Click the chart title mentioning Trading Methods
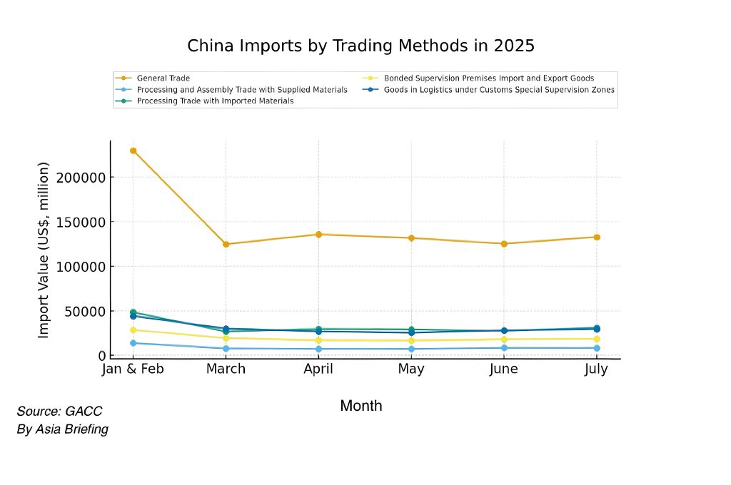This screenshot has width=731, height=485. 361,46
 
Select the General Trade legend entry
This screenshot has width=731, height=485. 163,78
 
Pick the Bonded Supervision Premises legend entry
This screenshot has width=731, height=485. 488,78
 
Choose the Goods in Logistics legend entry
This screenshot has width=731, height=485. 498,90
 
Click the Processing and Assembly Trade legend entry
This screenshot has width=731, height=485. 242,90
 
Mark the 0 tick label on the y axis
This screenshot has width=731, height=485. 101,356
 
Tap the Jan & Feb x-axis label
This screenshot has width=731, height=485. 133,369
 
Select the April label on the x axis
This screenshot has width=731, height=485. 319,369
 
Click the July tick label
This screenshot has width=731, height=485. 596,369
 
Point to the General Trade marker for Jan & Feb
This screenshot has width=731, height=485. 133,150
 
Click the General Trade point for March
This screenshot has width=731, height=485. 226,244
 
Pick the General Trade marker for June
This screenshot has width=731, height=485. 504,244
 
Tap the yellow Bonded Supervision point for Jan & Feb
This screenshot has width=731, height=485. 133,330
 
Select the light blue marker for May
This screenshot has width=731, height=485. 411,349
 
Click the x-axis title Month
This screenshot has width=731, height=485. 361,406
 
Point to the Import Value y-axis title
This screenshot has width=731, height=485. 44,250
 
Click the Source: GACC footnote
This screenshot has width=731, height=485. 59,412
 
